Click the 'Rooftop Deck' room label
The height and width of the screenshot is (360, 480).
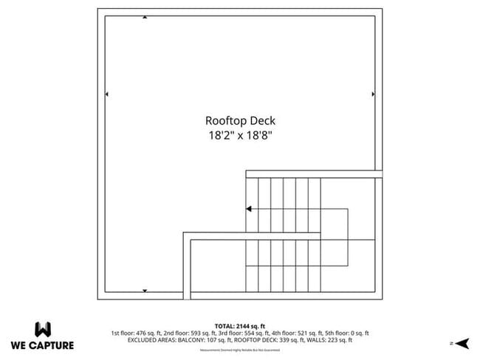coord(240,120)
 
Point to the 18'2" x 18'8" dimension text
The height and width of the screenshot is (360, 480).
coord(240,136)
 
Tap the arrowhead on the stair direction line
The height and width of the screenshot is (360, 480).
coord(249,209)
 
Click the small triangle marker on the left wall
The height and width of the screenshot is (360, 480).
coord(108,94)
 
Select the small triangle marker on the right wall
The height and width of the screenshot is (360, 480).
coord(374,94)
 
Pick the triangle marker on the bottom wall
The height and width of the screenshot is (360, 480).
coord(145,291)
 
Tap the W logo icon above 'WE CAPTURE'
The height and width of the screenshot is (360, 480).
coord(43,328)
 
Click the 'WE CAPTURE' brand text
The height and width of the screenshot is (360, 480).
coord(42,345)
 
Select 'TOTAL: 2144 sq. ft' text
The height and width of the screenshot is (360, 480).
coord(240,325)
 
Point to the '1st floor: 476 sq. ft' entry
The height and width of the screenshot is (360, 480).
coord(136,333)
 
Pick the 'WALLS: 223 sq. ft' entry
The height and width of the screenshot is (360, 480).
coord(330,340)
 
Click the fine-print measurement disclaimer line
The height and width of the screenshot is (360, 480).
coord(240,349)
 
